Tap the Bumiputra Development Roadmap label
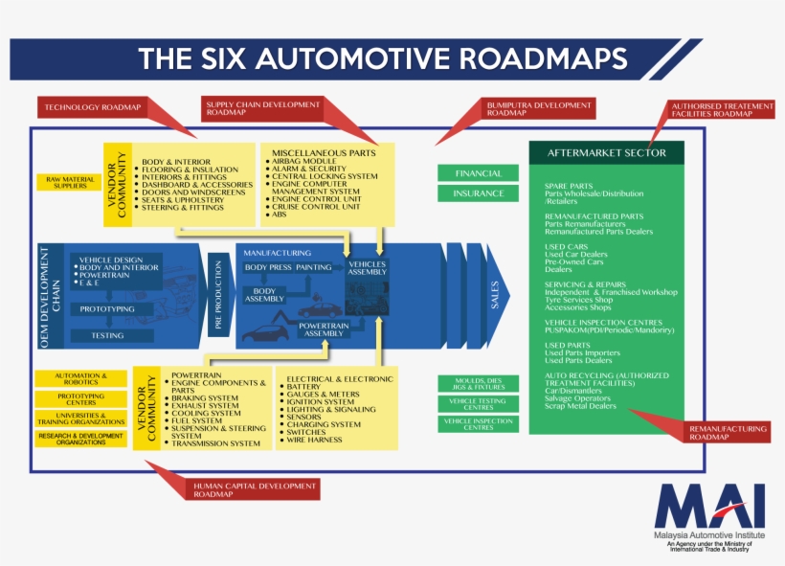tap(538, 107)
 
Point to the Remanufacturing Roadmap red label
tap(728, 432)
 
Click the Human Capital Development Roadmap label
tap(254, 489)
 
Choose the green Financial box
tap(479, 173)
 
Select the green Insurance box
tap(479, 193)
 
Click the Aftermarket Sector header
tap(606, 153)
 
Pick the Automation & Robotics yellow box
tap(80, 379)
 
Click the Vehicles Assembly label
tap(368, 267)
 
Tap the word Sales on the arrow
tap(495, 294)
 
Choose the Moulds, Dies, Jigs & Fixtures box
tap(479, 383)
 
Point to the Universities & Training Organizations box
tap(80, 419)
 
